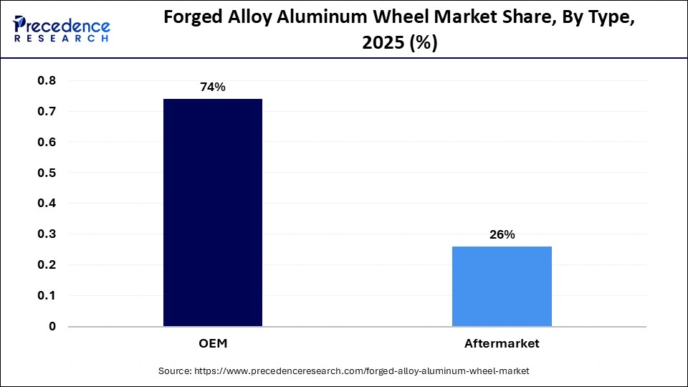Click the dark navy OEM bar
213,212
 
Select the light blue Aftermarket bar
502,286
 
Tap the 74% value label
213,87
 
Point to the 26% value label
502,234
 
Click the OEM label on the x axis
213,344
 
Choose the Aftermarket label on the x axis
502,344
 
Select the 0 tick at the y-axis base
52,326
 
